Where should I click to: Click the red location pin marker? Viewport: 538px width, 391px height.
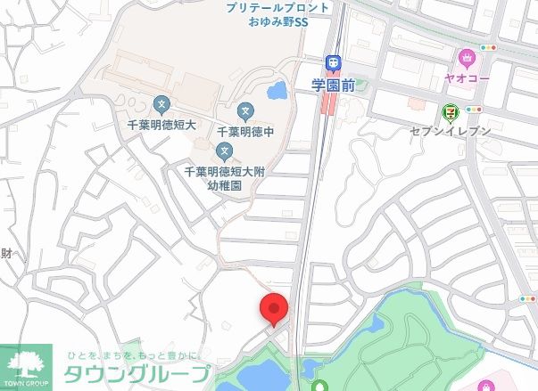click(274, 309)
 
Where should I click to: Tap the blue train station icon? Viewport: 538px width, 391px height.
click(332, 63)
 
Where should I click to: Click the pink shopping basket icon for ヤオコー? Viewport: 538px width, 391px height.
click(466, 60)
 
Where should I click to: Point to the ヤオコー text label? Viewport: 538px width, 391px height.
click(466, 78)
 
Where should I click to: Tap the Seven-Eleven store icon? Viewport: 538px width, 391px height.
click(449, 112)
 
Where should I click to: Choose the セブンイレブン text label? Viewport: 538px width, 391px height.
click(451, 131)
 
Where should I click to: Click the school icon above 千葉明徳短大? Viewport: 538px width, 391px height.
click(161, 103)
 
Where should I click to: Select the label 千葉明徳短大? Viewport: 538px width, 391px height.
click(161, 123)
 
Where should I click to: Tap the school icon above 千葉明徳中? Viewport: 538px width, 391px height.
click(245, 112)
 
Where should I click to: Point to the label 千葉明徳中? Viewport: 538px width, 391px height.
click(245, 131)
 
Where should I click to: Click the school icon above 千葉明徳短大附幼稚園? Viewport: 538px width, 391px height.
click(226, 151)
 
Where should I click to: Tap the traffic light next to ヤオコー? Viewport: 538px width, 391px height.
click(488, 47)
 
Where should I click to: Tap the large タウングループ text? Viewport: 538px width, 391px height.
click(138, 375)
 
